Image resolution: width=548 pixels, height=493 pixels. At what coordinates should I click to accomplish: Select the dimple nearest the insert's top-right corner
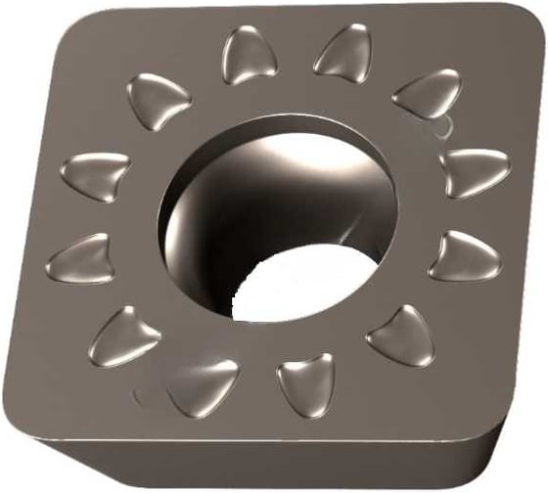pos(427,94)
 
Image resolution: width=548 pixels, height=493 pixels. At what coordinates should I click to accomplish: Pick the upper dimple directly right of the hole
pos(474,171)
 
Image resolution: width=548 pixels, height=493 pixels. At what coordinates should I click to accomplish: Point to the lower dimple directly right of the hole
pos(464,256)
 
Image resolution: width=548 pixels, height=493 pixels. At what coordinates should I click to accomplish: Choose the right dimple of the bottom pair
pos(305,383)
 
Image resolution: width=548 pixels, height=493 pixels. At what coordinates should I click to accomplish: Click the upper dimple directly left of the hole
pos(95,175)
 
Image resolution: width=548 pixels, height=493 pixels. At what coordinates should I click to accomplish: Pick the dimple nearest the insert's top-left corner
pos(159,98)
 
